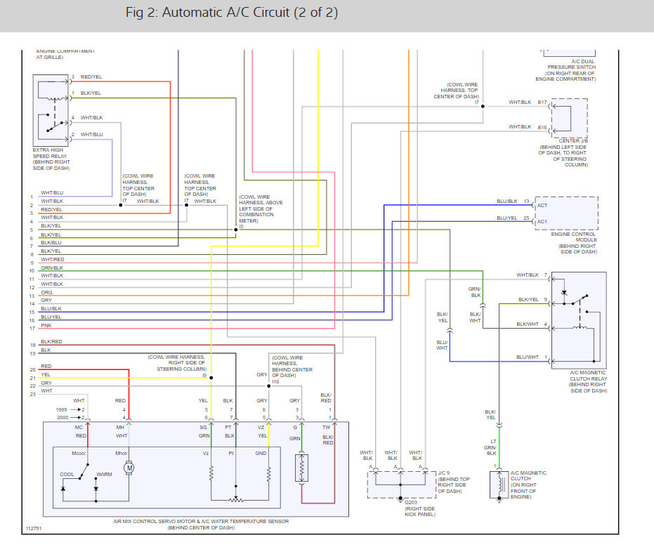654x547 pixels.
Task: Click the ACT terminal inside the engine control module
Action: coord(542,205)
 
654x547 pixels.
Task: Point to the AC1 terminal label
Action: coord(542,222)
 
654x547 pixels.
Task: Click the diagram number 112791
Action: coord(34,528)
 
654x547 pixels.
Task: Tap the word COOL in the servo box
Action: coord(67,475)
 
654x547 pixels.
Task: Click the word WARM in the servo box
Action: coord(104,475)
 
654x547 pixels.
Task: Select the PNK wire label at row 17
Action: coord(46,326)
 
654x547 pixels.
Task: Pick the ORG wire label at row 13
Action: coord(46,292)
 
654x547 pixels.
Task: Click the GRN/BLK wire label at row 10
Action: coord(51,268)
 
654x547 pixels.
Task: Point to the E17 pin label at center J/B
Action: coord(542,103)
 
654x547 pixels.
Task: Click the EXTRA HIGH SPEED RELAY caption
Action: coord(52,159)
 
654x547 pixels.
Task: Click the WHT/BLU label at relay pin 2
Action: coord(91,134)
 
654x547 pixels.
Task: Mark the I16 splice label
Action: coord(277,381)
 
